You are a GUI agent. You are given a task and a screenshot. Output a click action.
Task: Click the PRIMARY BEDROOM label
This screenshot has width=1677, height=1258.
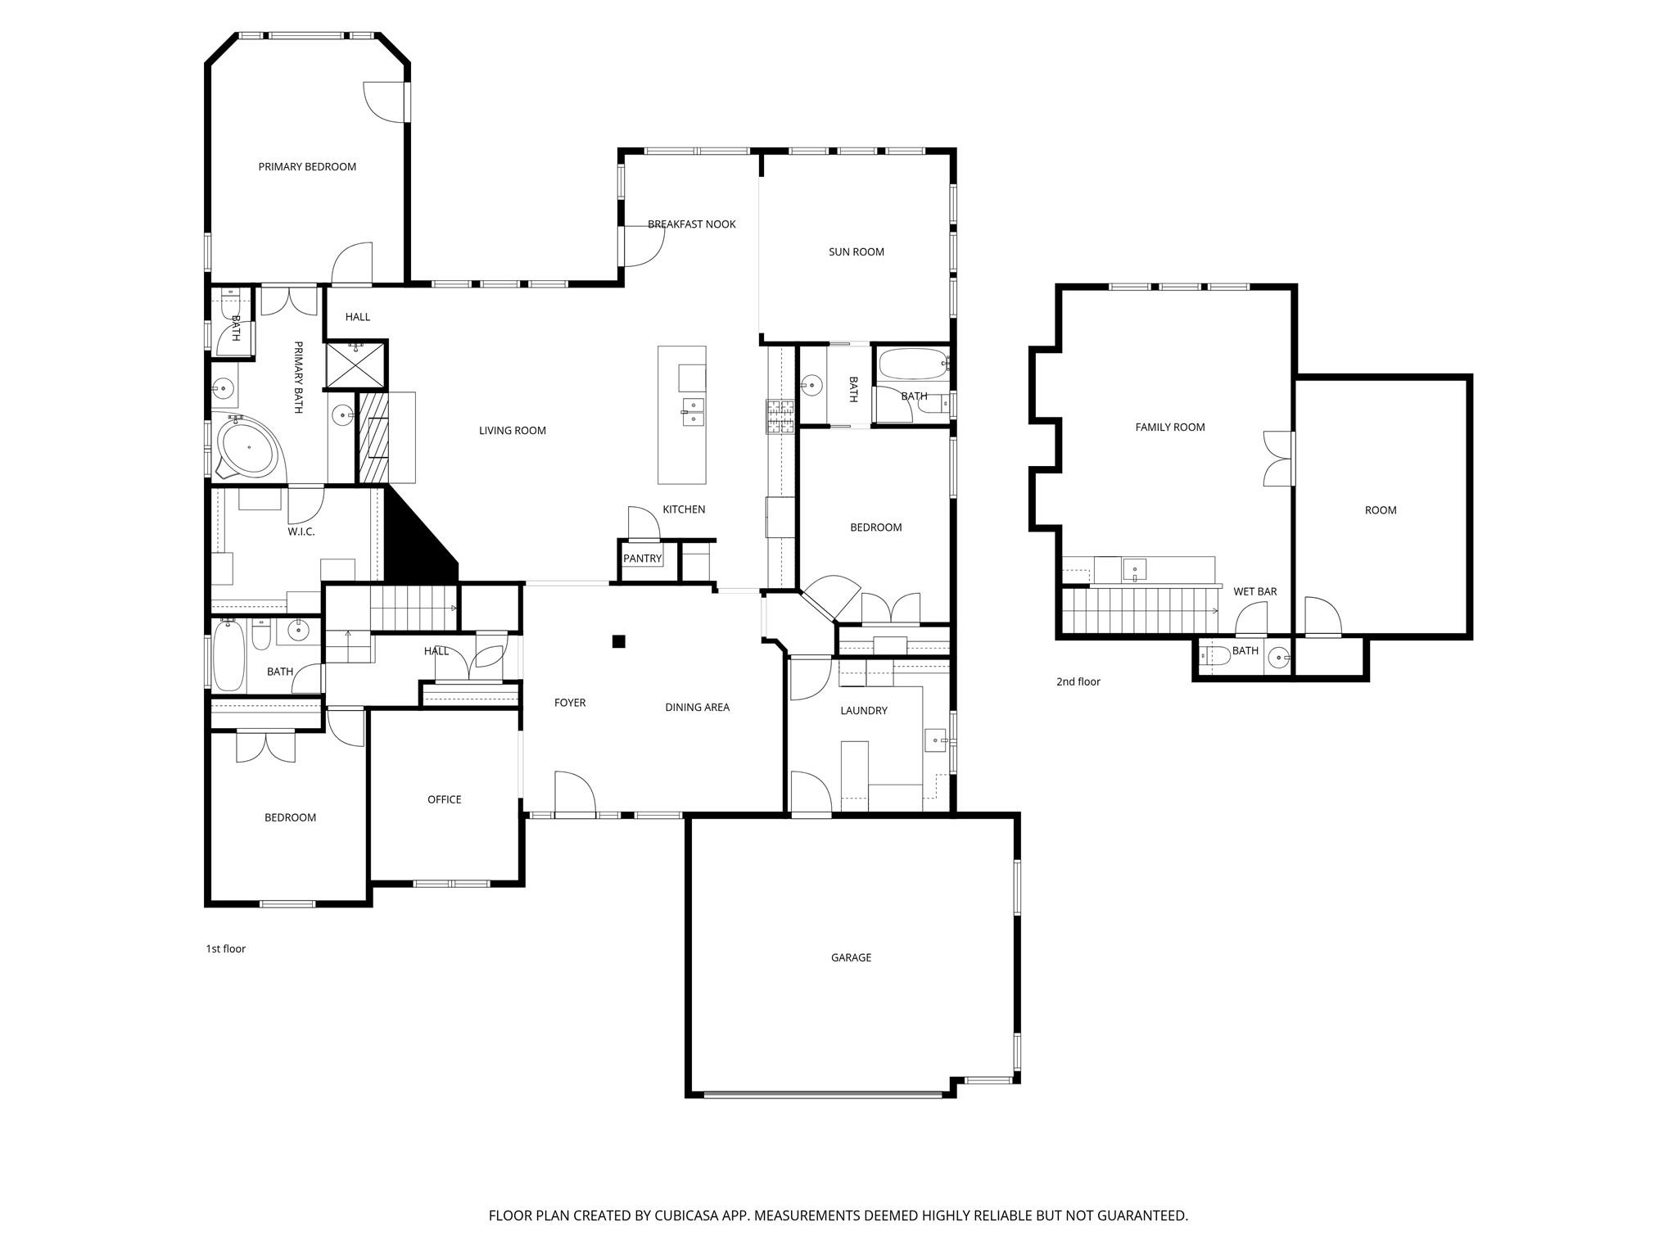307,167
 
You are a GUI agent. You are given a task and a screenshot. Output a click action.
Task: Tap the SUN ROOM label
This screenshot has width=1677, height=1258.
856,252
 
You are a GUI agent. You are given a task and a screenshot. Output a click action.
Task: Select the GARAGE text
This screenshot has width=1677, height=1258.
851,957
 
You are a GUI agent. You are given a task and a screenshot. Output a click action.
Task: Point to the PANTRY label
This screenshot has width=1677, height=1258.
642,559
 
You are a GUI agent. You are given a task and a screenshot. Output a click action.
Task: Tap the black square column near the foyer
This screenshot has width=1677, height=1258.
619,641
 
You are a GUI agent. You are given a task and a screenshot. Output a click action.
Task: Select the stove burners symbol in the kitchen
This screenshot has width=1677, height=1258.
780,416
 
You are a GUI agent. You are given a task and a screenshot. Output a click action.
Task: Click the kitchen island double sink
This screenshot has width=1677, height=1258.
693,411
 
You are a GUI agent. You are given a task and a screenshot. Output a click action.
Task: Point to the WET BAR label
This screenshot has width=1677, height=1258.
1254,591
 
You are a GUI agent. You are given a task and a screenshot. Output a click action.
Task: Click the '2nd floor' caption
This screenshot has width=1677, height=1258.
1078,681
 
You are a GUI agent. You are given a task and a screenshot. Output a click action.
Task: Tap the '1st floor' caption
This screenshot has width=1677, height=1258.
225,948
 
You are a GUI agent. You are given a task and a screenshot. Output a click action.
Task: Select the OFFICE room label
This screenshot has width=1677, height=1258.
444,799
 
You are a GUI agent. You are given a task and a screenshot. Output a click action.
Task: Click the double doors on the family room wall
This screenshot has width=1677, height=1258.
1277,458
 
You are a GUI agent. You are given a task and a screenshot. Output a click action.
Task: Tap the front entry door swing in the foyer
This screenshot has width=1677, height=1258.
575,793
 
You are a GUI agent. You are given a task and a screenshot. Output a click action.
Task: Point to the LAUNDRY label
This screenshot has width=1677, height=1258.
863,711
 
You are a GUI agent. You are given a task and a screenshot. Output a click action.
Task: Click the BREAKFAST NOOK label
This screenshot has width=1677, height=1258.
691,224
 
